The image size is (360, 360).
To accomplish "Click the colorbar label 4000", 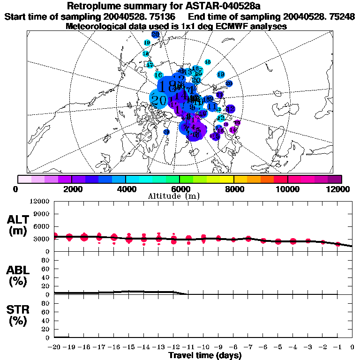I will click(x=126, y=189).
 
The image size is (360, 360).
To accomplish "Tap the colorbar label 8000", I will click(x=234, y=189).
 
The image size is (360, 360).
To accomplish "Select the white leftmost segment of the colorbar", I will click(x=24, y=179).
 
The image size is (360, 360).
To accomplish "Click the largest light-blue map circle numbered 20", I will click(x=158, y=99).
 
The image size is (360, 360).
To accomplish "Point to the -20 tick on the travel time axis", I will click(x=54, y=347).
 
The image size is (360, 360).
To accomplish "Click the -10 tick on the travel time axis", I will click(x=203, y=347).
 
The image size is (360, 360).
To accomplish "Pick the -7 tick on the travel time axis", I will click(x=248, y=347).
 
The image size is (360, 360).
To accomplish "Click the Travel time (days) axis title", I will click(x=205, y=355).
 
